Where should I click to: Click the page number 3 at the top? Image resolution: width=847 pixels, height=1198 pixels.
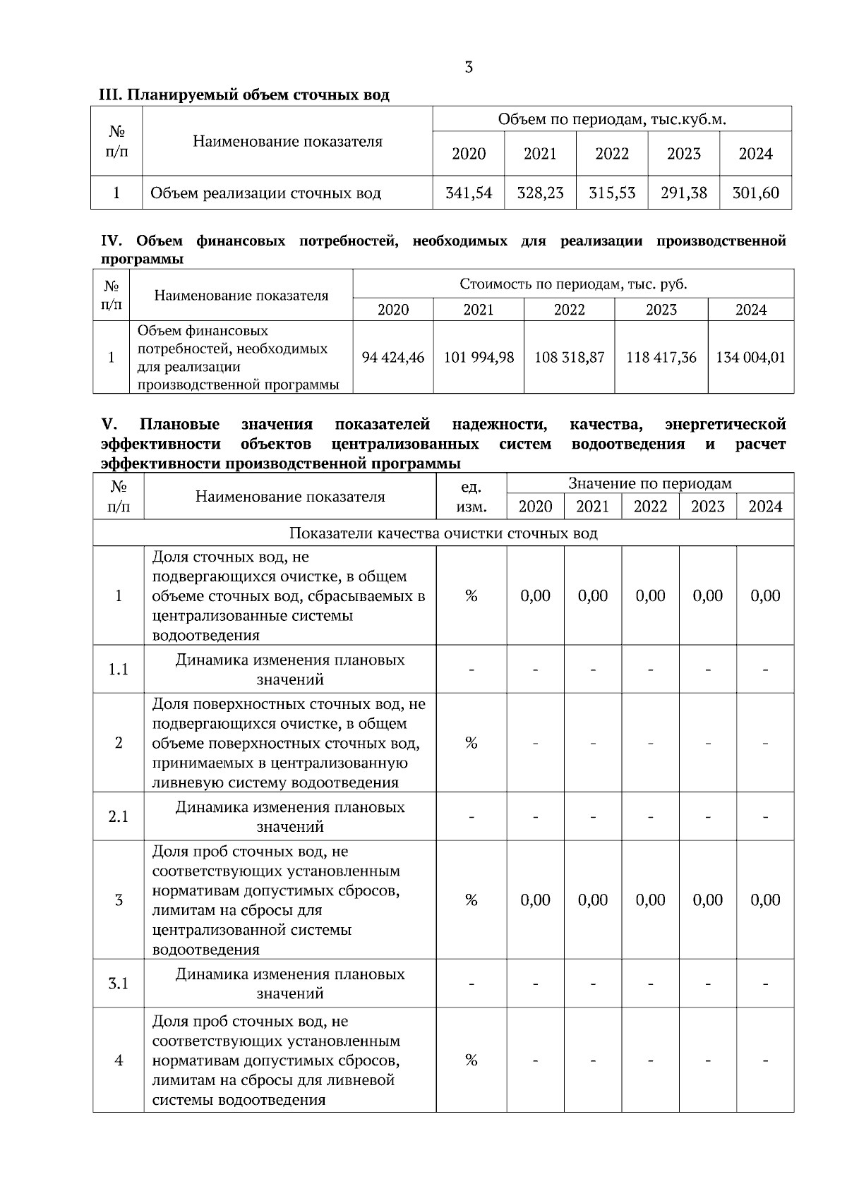tap(469, 68)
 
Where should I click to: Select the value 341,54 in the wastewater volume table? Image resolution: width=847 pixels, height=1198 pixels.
tap(469, 193)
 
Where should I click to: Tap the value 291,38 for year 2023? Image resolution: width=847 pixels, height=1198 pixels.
tap(683, 193)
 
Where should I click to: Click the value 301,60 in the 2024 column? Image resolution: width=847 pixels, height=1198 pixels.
tap(755, 193)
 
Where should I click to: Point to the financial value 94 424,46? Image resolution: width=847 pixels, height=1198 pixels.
tap(393, 358)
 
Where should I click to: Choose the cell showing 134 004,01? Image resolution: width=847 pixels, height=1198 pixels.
tap(750, 358)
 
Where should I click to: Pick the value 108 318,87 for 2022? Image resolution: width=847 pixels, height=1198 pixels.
tap(569, 358)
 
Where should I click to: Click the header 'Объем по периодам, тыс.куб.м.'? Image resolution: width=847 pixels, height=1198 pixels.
tap(612, 119)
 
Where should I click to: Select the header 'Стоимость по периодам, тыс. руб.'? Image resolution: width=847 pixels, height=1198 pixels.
tap(573, 284)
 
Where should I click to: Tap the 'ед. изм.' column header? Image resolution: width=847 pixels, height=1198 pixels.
tap(471, 497)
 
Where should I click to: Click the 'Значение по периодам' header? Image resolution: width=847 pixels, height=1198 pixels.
tap(650, 484)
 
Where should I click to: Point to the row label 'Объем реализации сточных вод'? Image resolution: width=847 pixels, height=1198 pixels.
tap(266, 193)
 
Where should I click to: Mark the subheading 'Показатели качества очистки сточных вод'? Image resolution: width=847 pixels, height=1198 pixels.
tap(443, 533)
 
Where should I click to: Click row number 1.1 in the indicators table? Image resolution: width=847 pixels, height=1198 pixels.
tap(119, 670)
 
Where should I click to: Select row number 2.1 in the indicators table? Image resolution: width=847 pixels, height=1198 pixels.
tap(119, 817)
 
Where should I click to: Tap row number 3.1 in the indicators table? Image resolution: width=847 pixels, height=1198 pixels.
tap(119, 984)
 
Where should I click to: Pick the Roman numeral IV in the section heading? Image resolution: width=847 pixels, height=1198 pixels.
tap(112, 241)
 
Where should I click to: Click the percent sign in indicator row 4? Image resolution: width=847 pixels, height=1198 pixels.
tap(471, 1060)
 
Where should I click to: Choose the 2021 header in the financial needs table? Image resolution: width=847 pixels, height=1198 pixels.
tap(479, 310)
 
